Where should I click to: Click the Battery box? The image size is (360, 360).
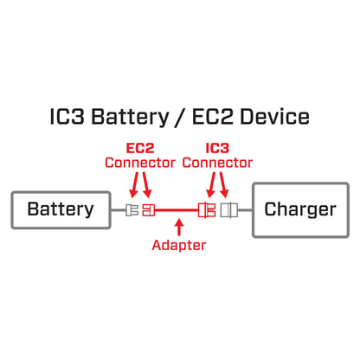coord(60,209)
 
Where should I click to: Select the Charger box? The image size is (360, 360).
coord(299,209)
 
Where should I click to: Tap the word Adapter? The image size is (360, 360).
coord(179,245)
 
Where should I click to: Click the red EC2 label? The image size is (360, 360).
coord(139,148)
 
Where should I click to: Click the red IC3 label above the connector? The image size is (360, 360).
coord(217,148)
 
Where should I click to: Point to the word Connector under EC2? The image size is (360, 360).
coord(139,163)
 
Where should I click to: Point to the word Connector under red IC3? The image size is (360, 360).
coord(217,163)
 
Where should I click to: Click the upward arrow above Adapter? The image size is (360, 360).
coord(179,228)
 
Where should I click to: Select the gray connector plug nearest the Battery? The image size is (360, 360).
coord(132,209)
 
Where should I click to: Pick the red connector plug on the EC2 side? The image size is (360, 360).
coord(148,209)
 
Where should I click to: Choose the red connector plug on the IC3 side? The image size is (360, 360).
coord(207,209)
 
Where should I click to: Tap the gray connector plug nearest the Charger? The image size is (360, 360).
coord(228,209)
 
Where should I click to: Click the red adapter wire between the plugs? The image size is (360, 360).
coord(177,209)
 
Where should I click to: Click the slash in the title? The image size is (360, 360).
coord(180,117)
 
